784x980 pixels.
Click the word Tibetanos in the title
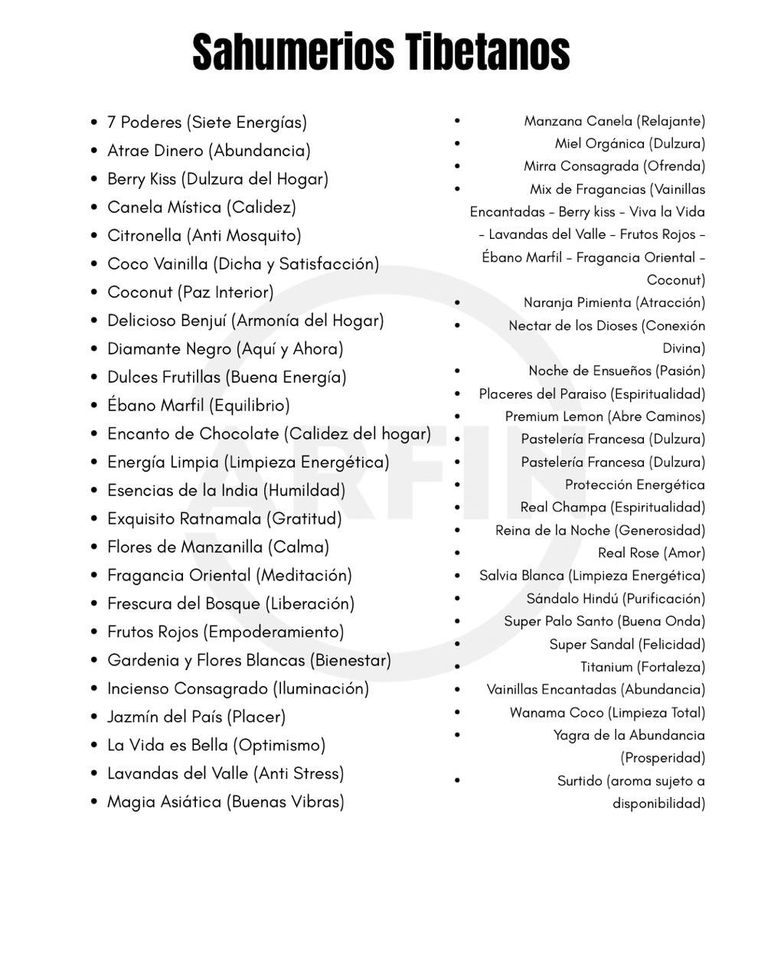pos(487,52)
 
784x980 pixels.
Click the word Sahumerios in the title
pos(293,52)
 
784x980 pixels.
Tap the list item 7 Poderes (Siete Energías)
pos(207,122)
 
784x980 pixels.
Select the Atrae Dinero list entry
pos(208,151)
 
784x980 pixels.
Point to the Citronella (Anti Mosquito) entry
pos(204,236)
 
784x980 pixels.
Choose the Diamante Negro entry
pos(225,349)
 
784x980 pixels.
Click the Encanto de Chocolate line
pos(269,434)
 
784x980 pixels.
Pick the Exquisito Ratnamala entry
pos(224,519)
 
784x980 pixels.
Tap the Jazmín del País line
pos(196,717)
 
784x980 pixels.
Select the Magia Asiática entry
pos(225,802)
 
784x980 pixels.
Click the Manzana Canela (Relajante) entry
pos(614,121)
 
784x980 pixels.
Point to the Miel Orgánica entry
pos(629,144)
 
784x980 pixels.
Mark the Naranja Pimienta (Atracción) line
pos(614,302)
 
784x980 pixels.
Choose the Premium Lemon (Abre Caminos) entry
pos(605,416)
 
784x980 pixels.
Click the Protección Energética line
pos(635,485)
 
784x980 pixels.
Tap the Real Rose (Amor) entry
pos(652,553)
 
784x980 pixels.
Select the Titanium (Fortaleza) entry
pos(642,667)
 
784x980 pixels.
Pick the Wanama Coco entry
pos(607,713)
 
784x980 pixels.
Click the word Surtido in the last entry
pos(580,781)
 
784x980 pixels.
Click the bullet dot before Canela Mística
pos(94,207)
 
